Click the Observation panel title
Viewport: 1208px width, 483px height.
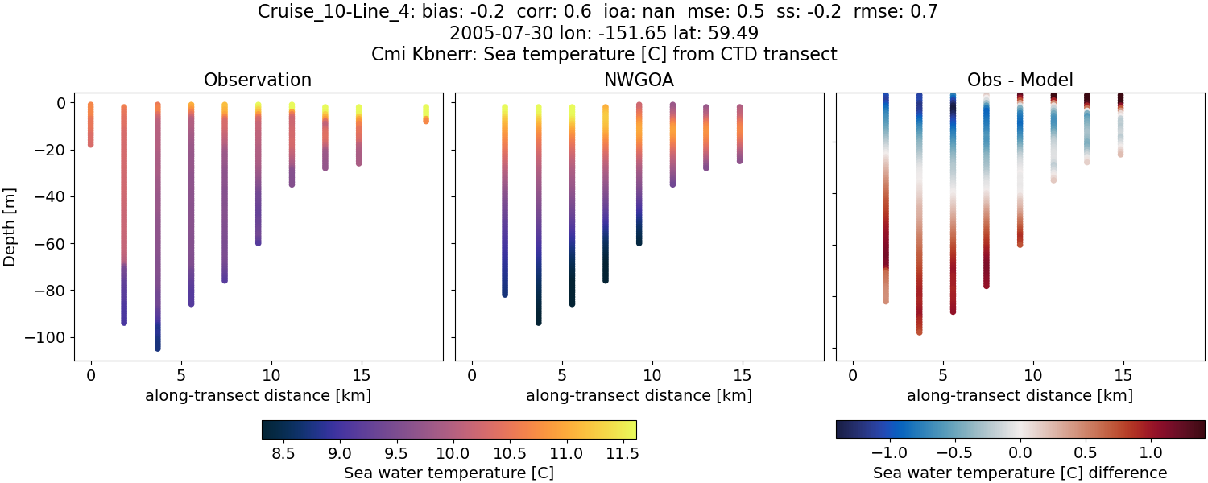pos(258,80)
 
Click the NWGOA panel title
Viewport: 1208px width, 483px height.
pos(639,80)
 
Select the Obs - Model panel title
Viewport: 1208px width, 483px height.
pos(1020,80)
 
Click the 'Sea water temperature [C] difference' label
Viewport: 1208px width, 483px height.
pos(1020,473)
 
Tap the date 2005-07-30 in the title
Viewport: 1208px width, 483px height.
pos(502,34)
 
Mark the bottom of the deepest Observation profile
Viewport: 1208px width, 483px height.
pos(158,348)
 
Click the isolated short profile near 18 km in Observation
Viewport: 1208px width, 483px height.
pos(426,114)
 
